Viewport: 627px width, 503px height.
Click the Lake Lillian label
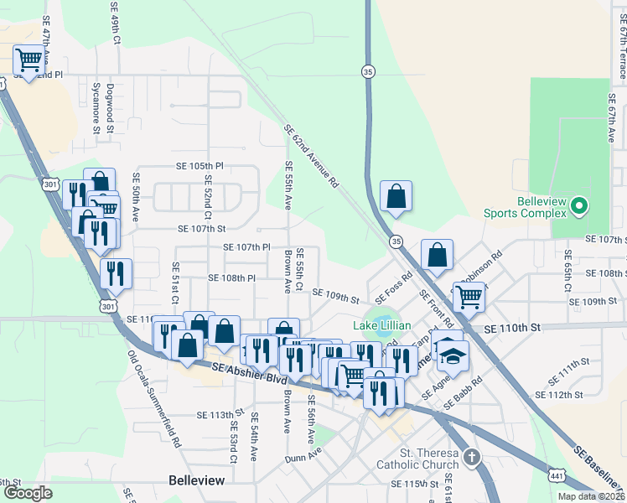pos(382,325)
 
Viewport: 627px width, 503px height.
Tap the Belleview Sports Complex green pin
pos(578,205)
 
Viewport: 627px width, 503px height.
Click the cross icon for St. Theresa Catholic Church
pos(472,458)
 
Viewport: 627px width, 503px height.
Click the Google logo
pos(28,493)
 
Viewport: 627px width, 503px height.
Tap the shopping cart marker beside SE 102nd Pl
pos(29,60)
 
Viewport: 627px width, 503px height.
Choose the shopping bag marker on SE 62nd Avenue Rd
pos(396,197)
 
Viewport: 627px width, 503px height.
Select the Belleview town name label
pos(197,480)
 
